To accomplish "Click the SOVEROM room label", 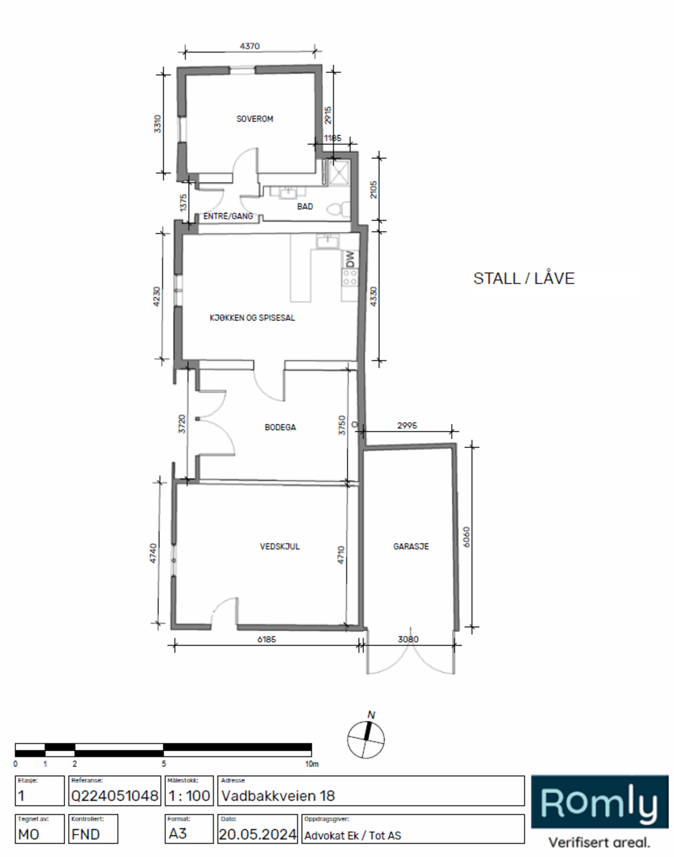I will point(254,119).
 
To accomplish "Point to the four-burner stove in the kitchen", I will point(350,277).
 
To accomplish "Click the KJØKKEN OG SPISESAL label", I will point(252,318).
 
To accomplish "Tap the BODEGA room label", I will point(280,427).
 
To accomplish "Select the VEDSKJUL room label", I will point(280,546).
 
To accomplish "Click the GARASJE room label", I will point(411,546).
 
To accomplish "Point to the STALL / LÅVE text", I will point(523,279).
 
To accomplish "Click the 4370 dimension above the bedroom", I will point(250,46).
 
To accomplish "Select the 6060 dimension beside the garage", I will point(466,537).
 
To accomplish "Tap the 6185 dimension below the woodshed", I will point(266,639).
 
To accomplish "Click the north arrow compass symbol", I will point(366,739).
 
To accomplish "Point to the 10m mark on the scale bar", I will point(312,764).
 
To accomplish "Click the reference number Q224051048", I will point(114,796).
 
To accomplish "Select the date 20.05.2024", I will point(258,835).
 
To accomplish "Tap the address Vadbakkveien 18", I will point(278,796).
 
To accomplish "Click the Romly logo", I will point(599,802).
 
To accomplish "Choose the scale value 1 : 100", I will point(189,796).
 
